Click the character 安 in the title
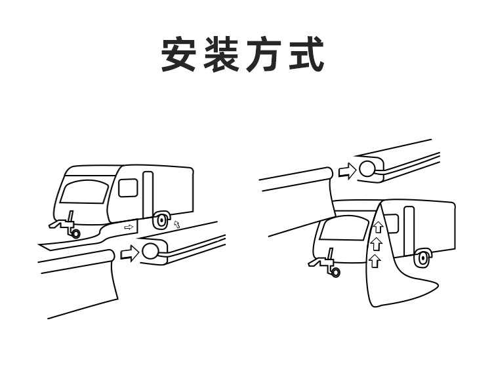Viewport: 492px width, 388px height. pos(180,54)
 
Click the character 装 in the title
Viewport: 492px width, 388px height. pos(223,54)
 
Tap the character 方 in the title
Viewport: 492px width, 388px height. pos(265,54)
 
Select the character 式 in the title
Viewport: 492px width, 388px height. pos(307,54)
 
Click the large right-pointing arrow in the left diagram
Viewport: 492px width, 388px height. pos(131,252)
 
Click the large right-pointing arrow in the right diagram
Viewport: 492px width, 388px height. pos(346,170)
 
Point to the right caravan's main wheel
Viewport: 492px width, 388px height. pos(423,258)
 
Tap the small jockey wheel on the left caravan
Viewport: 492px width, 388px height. pos(75,233)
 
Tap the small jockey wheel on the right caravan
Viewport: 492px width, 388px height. pos(336,272)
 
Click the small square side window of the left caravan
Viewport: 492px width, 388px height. pos(127,187)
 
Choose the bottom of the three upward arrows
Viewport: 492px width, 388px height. pos(375,262)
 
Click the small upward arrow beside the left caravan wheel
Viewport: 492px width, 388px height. pos(176,225)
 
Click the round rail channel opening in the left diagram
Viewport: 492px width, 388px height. pos(151,251)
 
